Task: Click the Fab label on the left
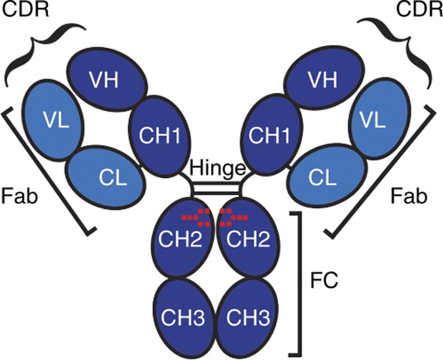[18, 195]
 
